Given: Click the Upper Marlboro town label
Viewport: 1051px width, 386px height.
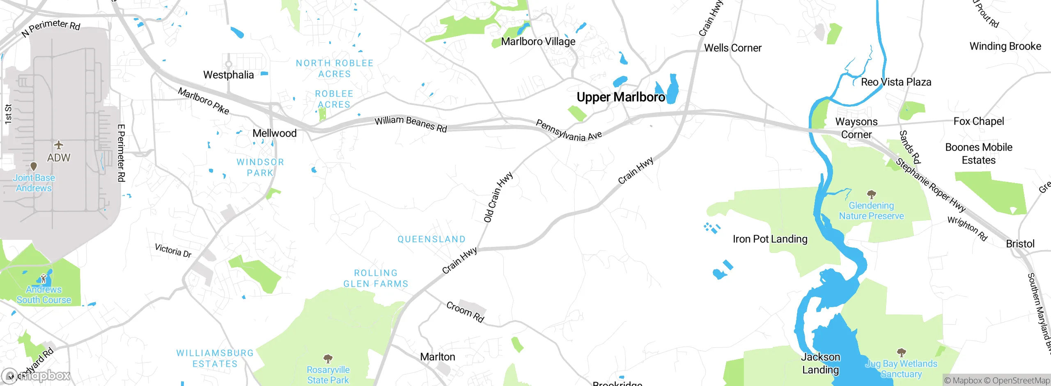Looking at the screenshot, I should pos(620,97).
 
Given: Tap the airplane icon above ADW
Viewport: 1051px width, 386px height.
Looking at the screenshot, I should pos(59,145).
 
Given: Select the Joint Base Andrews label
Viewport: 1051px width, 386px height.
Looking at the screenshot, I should pos(34,183).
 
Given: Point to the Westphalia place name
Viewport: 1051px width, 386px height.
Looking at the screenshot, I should pos(229,75).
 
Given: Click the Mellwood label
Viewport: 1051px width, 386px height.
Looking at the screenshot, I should pos(274,133).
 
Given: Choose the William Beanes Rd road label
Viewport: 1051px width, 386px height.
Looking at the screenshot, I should pos(411,124).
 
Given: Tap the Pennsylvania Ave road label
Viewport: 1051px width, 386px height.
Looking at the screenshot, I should pos(569,131).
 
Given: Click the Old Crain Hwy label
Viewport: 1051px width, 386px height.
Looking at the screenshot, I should pos(498,197).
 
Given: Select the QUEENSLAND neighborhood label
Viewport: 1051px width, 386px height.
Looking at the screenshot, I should pos(431,239).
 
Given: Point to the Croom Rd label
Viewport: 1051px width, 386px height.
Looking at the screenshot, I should pos(465,312).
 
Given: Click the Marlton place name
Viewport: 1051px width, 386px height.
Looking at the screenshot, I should pos(438,357).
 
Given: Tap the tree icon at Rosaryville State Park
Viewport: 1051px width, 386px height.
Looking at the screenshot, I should pos(328,359).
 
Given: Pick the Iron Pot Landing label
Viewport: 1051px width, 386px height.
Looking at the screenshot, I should pos(770,239).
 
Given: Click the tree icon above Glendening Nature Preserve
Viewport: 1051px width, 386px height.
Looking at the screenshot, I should pos(871,194).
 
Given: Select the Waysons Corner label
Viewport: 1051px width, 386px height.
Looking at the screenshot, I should pos(856,128).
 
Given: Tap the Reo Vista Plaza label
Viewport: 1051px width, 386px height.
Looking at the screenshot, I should pos(896,82).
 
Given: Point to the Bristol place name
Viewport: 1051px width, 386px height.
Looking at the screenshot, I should pos(1020,244).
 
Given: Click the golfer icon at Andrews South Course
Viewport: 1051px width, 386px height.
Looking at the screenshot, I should pos(44,279).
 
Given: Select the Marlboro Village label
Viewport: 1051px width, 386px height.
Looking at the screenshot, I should pos(538,41).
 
